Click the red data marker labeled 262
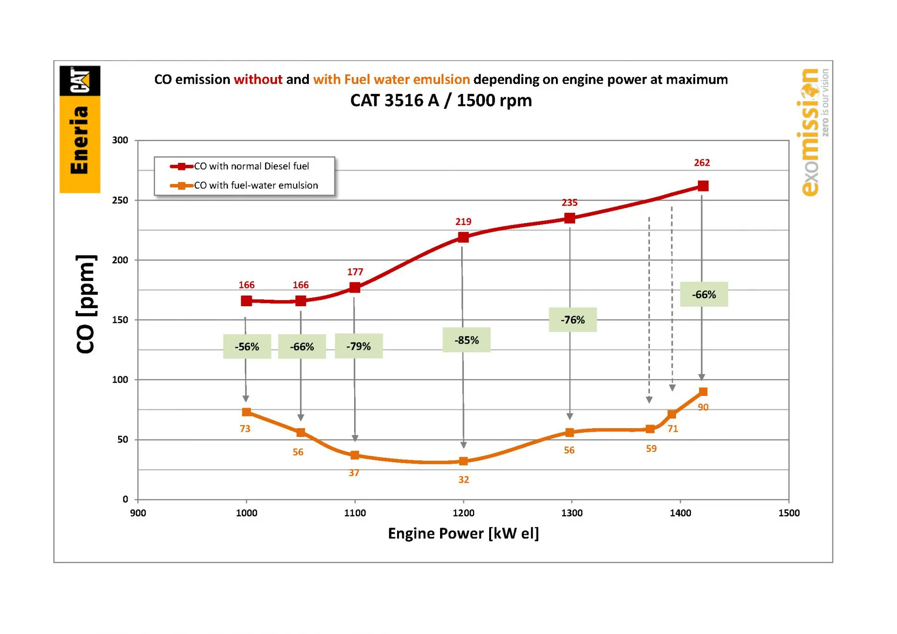(703, 186)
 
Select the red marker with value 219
(463, 237)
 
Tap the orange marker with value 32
(463, 461)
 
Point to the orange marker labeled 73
(246, 412)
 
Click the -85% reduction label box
(466, 340)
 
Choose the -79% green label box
(358, 346)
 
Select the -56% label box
(247, 346)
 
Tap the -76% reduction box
(572, 320)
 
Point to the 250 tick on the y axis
(120, 200)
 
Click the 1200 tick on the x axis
(463, 513)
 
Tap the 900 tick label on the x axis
(138, 513)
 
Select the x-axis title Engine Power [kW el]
(463, 533)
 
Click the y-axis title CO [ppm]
(85, 304)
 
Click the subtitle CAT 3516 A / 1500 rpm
(441, 100)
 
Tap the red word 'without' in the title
(258, 79)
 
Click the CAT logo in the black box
(80, 81)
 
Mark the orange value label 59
(651, 449)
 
